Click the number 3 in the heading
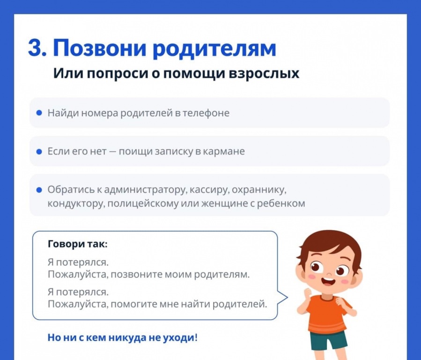pyautogui.click(x=35, y=48)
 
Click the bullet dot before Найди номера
pyautogui.click(x=39, y=113)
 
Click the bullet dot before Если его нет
pyautogui.click(x=39, y=151)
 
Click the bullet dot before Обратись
pyautogui.click(x=39, y=190)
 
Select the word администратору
pyautogui.click(x=146, y=190)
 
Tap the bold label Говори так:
pyautogui.click(x=78, y=244)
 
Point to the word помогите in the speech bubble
pyautogui.click(x=134, y=304)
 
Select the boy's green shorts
pyautogui.click(x=329, y=340)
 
